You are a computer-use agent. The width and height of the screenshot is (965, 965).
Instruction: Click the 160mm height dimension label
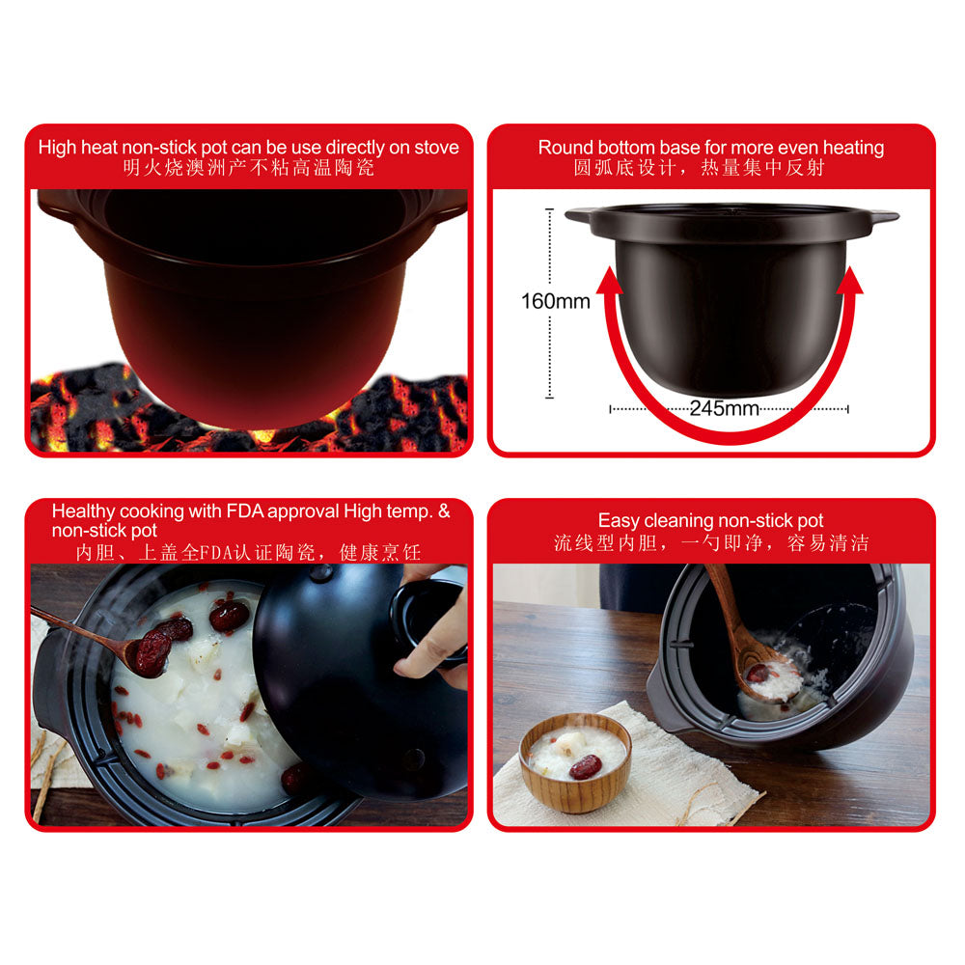point(555,301)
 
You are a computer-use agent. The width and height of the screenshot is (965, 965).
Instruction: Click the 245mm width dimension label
point(724,408)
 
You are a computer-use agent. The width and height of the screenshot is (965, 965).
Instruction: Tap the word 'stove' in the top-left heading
point(436,147)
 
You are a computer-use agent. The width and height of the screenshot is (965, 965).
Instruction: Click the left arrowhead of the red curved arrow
point(609,281)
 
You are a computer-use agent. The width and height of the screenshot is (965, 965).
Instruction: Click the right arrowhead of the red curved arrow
point(850,281)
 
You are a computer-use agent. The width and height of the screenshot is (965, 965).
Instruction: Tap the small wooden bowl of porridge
point(575,761)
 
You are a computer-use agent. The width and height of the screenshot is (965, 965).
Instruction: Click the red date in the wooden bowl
point(586,767)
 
